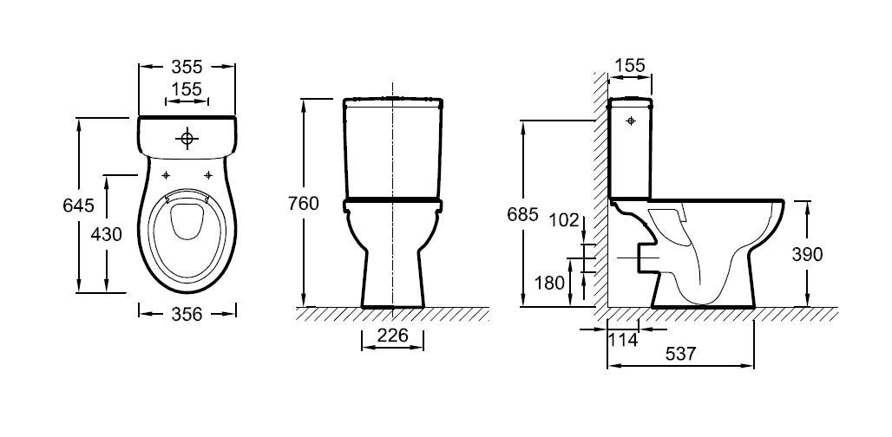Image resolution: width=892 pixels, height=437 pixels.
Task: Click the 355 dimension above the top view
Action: coord(187,67)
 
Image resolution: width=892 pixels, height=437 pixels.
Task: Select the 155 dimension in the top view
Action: coord(187,89)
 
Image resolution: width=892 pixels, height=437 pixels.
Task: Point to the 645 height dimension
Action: coord(78,205)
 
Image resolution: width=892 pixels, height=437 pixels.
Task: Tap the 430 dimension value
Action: coord(107,233)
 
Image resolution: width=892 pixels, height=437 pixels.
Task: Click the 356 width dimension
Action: coord(187,314)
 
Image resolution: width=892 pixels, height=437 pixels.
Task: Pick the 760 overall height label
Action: coord(303,203)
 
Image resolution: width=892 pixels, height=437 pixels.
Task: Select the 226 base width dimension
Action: coord(393,336)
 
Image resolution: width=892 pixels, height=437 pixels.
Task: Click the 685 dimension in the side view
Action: coord(522,215)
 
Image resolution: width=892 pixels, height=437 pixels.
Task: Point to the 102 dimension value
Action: coord(564,220)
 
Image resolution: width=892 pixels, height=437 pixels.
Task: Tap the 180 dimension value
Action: coord(550,283)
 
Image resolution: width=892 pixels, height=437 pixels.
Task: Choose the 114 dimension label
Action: coord(623,340)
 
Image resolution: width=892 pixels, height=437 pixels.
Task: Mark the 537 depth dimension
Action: coord(680,354)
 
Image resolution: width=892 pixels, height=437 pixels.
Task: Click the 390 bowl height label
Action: coord(807,255)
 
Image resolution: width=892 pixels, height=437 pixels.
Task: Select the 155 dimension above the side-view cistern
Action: coord(630,65)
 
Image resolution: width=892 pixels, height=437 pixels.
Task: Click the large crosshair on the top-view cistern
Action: coord(187,138)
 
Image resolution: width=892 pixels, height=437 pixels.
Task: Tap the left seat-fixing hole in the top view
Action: coord(166,175)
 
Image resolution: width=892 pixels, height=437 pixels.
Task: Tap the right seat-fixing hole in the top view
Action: coord(208,175)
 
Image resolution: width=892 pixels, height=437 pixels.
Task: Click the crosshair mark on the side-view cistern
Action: coord(630,121)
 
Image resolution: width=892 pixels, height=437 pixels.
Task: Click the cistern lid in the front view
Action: coord(393,103)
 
